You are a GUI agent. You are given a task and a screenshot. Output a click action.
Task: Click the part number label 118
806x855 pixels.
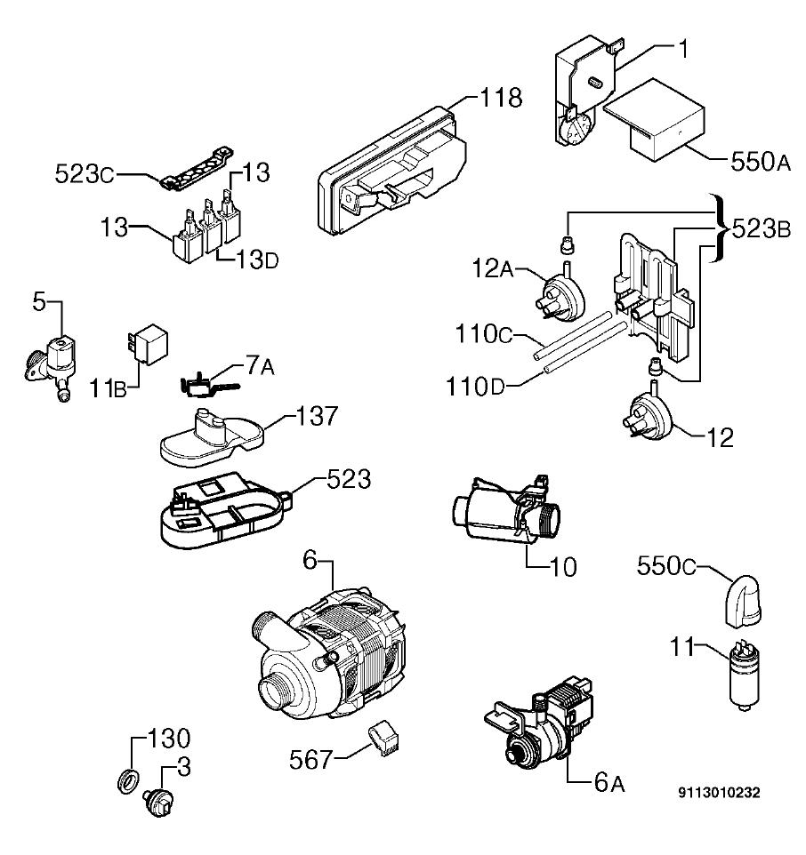click(501, 98)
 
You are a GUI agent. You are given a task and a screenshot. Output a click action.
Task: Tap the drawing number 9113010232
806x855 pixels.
click(719, 792)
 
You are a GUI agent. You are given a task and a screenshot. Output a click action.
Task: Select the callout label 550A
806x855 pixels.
click(760, 162)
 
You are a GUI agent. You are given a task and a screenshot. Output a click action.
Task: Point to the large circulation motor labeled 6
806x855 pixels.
click(329, 655)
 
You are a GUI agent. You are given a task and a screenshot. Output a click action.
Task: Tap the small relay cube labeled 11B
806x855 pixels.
click(148, 344)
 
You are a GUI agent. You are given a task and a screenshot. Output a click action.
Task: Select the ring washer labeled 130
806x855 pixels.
click(127, 782)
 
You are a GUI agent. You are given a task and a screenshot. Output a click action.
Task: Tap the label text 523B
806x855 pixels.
click(762, 229)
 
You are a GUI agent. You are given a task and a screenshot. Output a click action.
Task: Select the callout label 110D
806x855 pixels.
click(475, 388)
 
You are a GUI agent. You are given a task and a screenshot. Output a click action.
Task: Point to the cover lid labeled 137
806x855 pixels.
click(211, 437)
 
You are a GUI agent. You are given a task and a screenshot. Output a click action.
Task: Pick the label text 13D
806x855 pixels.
click(258, 260)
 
